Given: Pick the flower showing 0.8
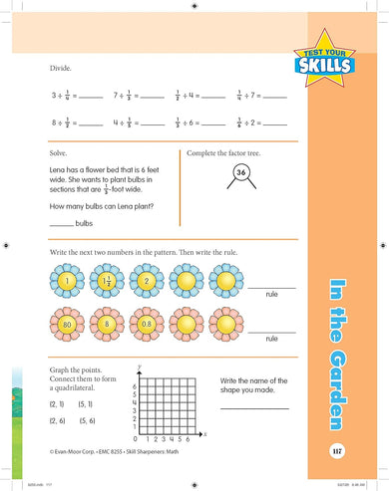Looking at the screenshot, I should pos(148,324).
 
